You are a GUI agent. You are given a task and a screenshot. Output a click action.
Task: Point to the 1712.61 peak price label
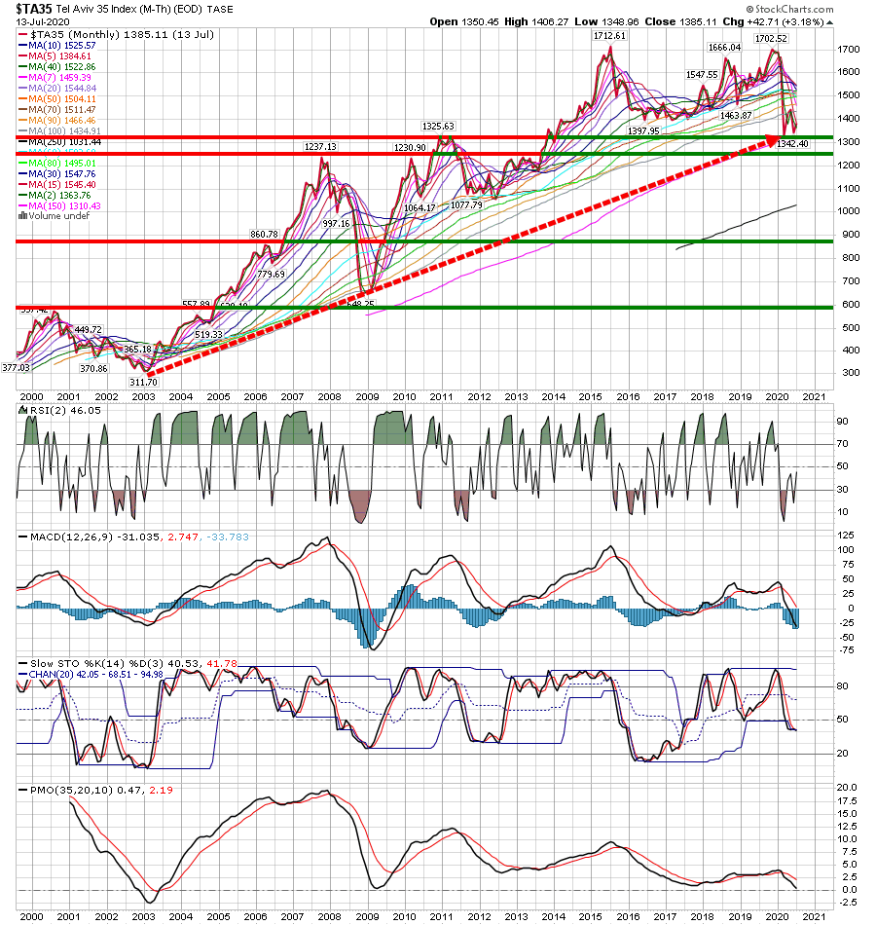click(612, 35)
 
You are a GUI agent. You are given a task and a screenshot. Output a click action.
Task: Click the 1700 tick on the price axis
click(849, 49)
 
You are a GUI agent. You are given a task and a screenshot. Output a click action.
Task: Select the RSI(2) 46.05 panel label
click(51, 412)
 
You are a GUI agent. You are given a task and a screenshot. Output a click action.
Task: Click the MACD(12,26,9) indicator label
click(58, 537)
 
